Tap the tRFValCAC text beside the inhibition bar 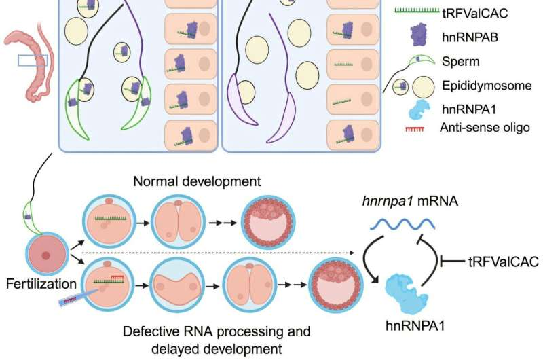coord(502,260)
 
